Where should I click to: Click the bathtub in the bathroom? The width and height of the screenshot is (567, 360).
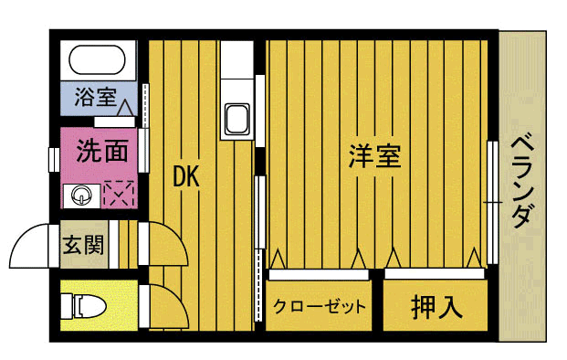pyautogui.click(x=98, y=62)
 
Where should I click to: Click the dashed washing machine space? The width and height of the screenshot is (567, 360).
pyautogui.click(x=119, y=193)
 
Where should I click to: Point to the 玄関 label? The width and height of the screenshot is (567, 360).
pyautogui.click(x=82, y=245)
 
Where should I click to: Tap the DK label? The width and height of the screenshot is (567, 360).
pyautogui.click(x=186, y=177)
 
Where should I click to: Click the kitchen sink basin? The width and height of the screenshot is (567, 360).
pyautogui.click(x=236, y=121)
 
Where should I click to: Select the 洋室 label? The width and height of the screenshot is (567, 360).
pyautogui.click(x=375, y=156)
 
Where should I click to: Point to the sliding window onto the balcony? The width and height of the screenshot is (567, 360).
pyautogui.click(x=493, y=200)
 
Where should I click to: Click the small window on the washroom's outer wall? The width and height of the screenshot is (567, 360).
pyautogui.click(x=54, y=157)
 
